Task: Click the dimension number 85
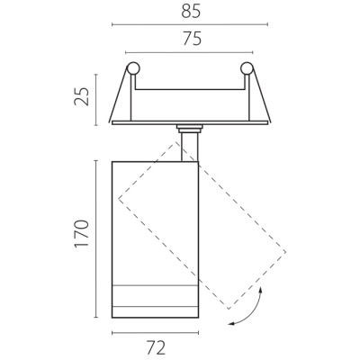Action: coord(191,12)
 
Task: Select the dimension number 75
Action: coord(193,39)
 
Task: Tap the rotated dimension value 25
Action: coord(82,96)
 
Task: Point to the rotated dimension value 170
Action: coord(82,234)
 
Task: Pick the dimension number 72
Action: coord(156,348)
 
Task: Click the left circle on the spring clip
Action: coord(133,68)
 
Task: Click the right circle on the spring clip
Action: coord(247,68)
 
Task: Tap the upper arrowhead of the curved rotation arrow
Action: coord(261,290)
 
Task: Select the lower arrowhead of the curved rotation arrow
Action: coord(231,323)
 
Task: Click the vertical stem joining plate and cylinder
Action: coord(190,147)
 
